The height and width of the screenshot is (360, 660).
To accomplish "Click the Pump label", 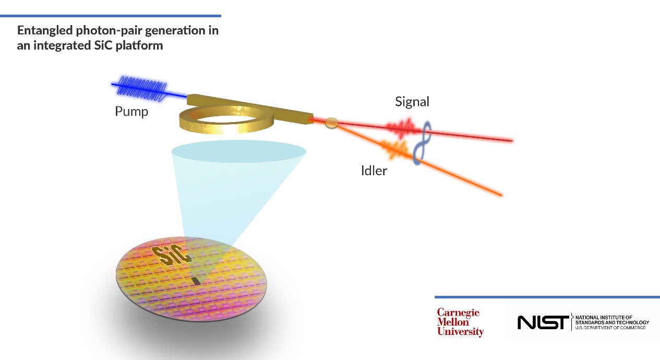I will coord(131,112).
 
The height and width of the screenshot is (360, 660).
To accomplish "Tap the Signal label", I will coord(412,102).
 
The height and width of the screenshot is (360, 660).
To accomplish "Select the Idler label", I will coord(374,171).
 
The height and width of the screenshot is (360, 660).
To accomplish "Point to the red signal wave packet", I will coord(400,127).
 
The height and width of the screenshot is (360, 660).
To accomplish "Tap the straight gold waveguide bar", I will coord(250,105).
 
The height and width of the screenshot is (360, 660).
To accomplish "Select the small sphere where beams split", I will coord(331,123).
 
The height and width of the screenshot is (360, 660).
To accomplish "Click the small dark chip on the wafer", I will coord(196,282).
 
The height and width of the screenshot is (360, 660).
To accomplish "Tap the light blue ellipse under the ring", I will coord(238,151).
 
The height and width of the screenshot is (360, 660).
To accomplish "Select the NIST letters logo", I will coord(543,322).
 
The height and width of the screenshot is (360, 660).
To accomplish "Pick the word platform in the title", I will coord(140,45).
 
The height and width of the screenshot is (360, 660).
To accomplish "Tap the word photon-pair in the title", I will coord(109,30).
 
